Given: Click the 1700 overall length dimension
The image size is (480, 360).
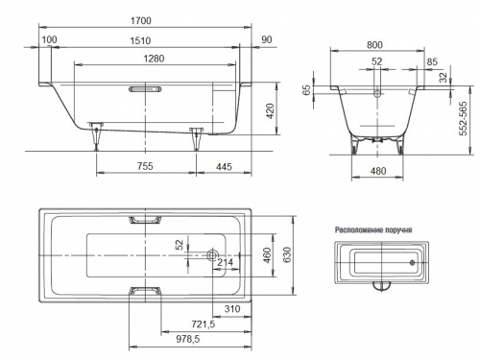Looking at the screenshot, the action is (141, 21).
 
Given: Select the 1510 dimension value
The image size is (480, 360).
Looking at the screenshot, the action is (140, 41).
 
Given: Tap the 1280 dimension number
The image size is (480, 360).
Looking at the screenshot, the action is (154, 59).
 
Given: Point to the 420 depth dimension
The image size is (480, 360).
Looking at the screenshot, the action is (271, 111).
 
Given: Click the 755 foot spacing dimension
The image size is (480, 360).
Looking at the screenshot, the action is (145, 166).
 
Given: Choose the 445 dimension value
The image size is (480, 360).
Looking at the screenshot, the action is (224, 167).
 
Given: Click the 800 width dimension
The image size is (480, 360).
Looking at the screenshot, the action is (374, 45).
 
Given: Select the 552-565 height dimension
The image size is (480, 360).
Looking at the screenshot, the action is (463, 118).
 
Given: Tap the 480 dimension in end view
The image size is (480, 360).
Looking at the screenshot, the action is (378, 171).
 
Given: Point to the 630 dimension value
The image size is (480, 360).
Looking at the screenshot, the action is (287, 254).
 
